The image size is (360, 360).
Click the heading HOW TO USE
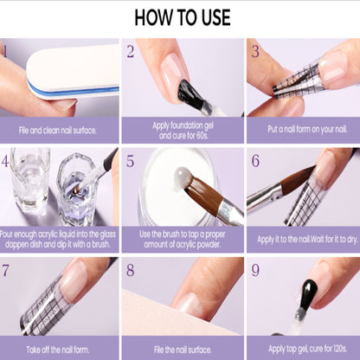tap(183, 17)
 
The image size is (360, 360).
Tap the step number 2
tap(131, 51)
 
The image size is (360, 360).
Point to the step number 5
tap(131, 161)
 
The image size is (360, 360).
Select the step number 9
tap(255, 270)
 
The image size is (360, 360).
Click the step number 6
tap(255, 161)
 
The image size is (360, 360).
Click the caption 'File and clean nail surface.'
tap(58, 131)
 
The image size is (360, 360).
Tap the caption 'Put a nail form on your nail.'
tap(307, 129)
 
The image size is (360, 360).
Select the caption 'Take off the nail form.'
tap(58, 350)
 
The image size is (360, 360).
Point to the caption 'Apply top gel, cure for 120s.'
tap(307, 349)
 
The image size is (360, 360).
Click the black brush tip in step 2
tap(190, 93)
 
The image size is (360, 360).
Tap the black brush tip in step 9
tap(309, 292)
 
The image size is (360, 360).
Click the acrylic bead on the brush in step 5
tap(183, 179)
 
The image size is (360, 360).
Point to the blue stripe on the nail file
tap(74, 91)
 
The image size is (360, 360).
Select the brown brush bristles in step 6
tap(297, 177)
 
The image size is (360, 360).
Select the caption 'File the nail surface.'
tap(183, 350)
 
